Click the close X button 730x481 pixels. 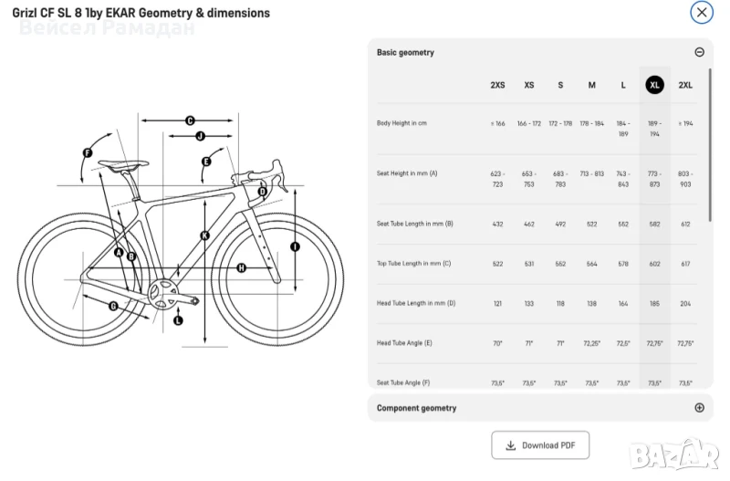pyautogui.click(x=701, y=13)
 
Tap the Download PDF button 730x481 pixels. pyautogui.click(x=541, y=444)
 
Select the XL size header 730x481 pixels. pyautogui.click(x=654, y=85)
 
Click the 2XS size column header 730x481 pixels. pyautogui.click(x=497, y=85)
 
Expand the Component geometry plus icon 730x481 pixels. pyautogui.click(x=700, y=408)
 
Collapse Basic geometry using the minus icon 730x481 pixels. pyautogui.click(x=700, y=52)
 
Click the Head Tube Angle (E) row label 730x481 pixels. pyautogui.click(x=404, y=343)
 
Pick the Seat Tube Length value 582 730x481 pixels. pyautogui.click(x=654, y=224)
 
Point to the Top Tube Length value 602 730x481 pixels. pyautogui.click(x=654, y=263)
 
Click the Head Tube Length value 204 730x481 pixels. pyautogui.click(x=685, y=303)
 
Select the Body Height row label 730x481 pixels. pyautogui.click(x=401, y=123)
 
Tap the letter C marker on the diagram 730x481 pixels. pyautogui.click(x=190, y=120)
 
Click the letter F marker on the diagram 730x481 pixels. pyautogui.click(x=88, y=152)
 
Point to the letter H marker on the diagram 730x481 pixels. pyautogui.click(x=241, y=267)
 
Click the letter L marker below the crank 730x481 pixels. pyautogui.click(x=178, y=320)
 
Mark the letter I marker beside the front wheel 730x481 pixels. pyautogui.click(x=295, y=246)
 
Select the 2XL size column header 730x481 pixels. pyautogui.click(x=685, y=85)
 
